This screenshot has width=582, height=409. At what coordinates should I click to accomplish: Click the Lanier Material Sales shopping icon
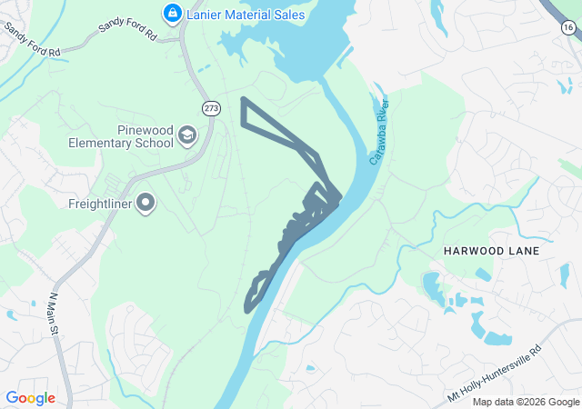171,13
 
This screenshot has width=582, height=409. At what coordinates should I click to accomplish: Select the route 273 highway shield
211,105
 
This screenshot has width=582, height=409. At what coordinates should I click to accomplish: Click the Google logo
30,398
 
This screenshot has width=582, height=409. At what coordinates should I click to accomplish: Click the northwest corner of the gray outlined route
243,98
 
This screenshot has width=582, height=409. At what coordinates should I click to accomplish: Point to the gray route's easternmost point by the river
341,195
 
